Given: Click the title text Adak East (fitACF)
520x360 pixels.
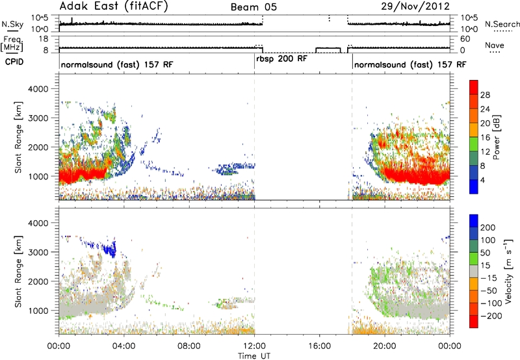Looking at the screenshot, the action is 114,6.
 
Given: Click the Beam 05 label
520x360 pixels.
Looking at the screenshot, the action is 253,7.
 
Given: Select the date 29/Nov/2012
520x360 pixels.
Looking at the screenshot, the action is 415,6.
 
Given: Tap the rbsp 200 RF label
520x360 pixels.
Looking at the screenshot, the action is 281,59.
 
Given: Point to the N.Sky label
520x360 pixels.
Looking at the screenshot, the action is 12,24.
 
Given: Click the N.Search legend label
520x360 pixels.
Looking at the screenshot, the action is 502,24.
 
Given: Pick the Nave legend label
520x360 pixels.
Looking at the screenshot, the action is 494,45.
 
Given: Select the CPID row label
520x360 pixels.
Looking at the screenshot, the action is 14,62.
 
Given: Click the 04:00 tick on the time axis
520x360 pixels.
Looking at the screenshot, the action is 123,346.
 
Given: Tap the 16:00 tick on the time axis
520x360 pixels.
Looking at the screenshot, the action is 319,346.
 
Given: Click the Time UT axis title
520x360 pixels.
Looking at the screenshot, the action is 254,355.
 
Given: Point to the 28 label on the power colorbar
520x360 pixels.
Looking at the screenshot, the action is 485,95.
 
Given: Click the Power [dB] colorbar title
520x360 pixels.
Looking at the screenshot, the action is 496,137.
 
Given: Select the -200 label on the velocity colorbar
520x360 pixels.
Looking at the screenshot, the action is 491,316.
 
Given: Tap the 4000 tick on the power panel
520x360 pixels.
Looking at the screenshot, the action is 38,89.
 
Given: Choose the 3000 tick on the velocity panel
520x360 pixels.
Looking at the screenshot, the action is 38,252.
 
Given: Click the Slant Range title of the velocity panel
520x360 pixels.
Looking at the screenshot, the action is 19,272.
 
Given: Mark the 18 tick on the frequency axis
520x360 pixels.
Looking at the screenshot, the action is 44,39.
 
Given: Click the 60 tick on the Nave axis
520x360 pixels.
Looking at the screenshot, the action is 465,39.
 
